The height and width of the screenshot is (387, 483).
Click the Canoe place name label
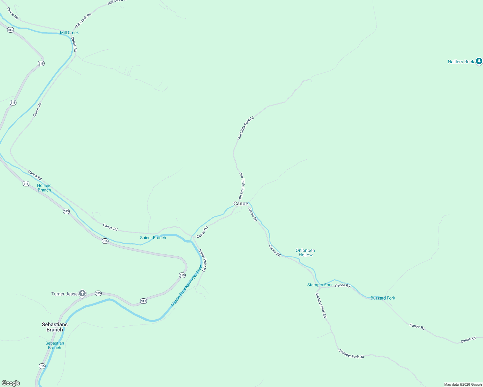click(x=241, y=203)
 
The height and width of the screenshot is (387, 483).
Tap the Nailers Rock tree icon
click(x=479, y=61)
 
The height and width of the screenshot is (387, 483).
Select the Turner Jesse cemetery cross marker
click(x=83, y=293)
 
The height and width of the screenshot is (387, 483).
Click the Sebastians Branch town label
click(x=55, y=327)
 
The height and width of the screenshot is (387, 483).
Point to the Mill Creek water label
click(x=69, y=33)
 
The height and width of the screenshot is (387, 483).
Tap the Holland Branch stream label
click(x=44, y=188)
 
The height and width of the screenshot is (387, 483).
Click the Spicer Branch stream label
click(x=153, y=238)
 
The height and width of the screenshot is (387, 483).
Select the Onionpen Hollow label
click(x=305, y=253)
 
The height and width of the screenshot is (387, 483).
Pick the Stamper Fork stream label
click(x=320, y=285)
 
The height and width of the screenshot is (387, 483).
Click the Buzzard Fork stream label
click(x=383, y=298)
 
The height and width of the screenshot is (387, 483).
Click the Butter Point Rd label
click(x=202, y=260)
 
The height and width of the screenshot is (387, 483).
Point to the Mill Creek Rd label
click(x=83, y=20)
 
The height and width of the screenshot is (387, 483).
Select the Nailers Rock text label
click(x=461, y=62)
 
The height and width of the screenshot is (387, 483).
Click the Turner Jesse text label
click(x=65, y=294)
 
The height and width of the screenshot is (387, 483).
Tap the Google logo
click(x=11, y=383)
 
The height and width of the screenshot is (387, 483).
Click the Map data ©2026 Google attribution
click(x=463, y=384)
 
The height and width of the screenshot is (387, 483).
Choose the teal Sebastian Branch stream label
click(x=55, y=345)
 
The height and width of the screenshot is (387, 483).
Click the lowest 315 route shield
click(x=42, y=366)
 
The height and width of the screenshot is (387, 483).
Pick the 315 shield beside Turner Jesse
click(x=98, y=293)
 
